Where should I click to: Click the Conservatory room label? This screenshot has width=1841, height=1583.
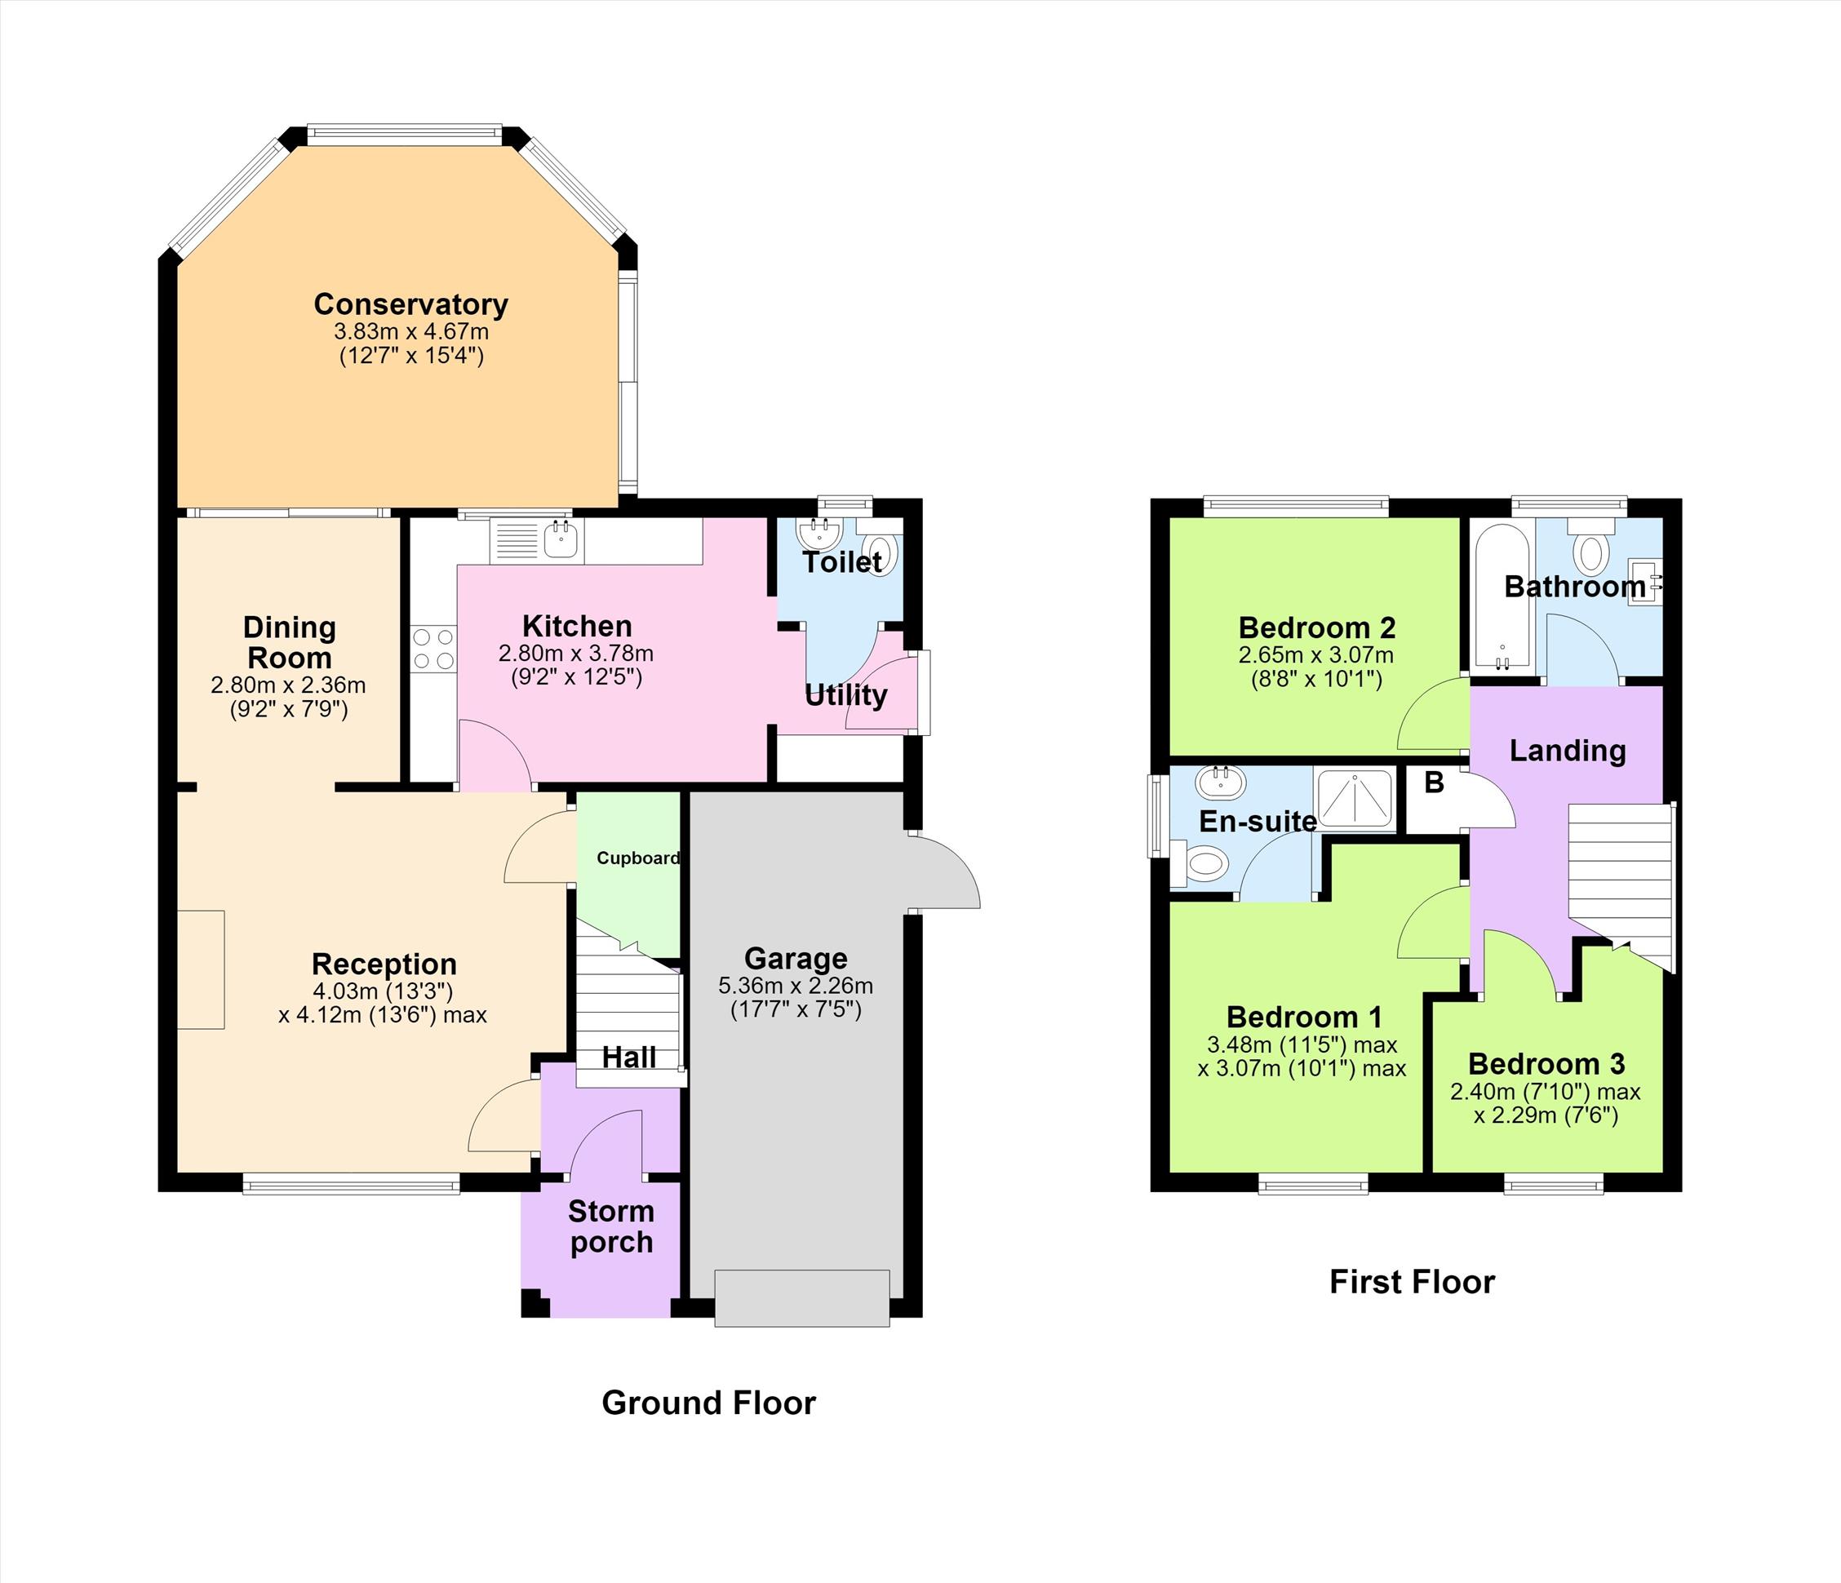410,304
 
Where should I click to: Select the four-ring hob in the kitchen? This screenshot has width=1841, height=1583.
433,649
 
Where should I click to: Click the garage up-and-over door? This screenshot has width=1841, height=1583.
801,1298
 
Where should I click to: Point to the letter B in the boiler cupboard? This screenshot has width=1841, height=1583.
1434,783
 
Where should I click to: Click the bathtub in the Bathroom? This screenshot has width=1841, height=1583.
1502,598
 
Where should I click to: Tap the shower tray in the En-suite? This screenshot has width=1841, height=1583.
1354,799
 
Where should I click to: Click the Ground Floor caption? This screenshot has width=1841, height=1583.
708,1403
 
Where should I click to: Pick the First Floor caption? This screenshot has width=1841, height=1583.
1412,1282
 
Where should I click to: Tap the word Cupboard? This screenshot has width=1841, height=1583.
638,858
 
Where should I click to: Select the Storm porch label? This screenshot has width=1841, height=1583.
611,1226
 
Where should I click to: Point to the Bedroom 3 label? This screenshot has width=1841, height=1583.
1546,1063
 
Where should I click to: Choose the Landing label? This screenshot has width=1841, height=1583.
1568,751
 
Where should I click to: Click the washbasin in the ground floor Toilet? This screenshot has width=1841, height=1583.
818,534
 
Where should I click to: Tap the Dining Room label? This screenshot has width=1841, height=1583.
289,643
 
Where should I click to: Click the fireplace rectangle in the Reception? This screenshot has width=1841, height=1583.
201,969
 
